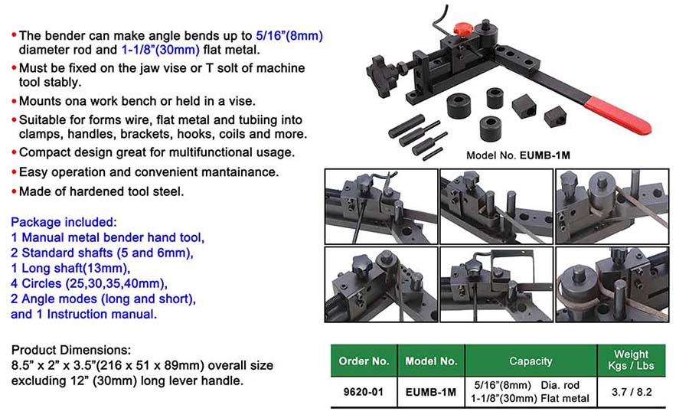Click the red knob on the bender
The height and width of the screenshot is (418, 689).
coord(463,30)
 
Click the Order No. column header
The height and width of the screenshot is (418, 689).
coord(364,361)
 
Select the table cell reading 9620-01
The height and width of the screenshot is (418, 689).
coord(364,392)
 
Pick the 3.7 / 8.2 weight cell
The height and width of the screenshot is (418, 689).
coord(632,392)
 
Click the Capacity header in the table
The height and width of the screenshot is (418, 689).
coord(531,361)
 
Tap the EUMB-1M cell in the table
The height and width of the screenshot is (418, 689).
coord(430,392)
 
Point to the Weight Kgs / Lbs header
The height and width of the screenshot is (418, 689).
coord(631,360)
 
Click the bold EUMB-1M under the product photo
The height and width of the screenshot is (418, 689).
coord(544,155)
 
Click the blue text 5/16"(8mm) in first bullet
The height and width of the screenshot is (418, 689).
coord(289,36)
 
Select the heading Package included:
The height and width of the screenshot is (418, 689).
coord(64,222)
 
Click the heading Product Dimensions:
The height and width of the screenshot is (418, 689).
coord(71,350)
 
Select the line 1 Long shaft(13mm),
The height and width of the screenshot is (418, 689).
coord(70,268)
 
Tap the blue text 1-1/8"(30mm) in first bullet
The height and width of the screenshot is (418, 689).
coord(161,50)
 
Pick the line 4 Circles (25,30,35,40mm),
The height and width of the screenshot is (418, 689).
coord(90,283)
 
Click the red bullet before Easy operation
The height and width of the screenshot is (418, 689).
coord(14,171)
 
